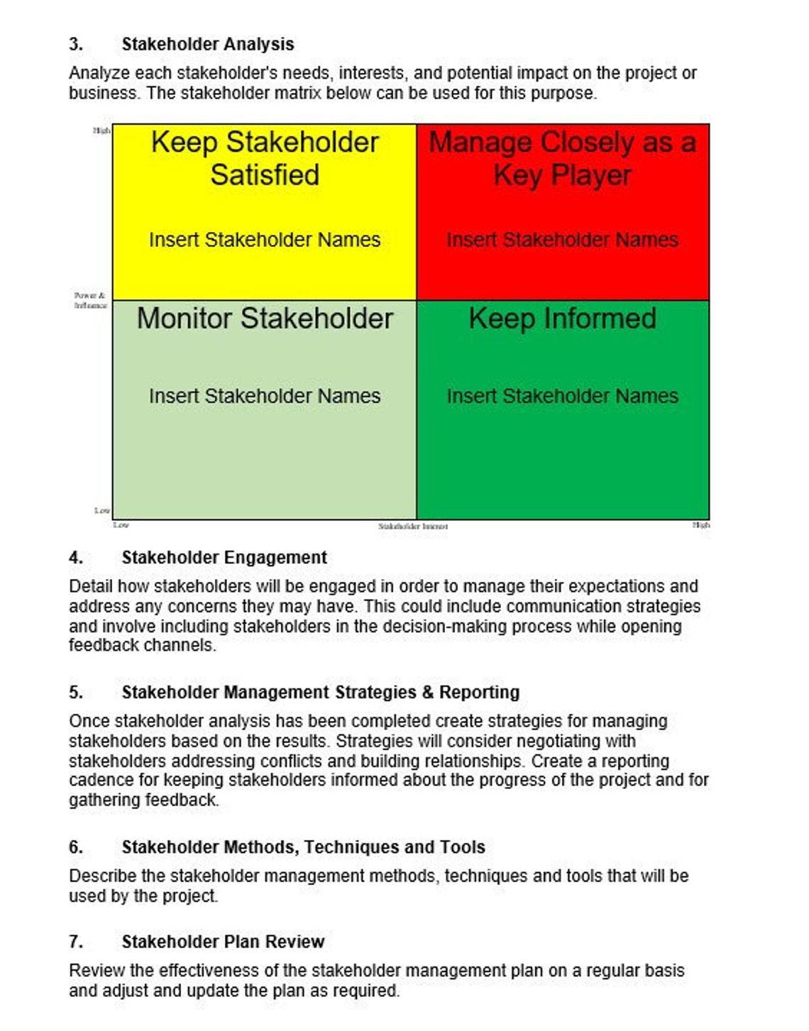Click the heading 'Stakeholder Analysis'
[x=207, y=44]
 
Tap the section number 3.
[x=75, y=44]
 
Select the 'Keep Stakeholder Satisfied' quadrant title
[x=265, y=158]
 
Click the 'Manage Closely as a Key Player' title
[x=562, y=158]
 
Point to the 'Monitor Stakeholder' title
[x=265, y=319]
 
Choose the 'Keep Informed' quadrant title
[x=562, y=319]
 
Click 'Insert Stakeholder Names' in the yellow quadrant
[x=265, y=240]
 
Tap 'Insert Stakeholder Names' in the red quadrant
[x=562, y=240]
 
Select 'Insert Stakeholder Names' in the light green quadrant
[x=265, y=396]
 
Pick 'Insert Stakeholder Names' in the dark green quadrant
[x=562, y=396]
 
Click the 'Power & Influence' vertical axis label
[x=90, y=300]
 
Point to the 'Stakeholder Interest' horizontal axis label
[x=413, y=526]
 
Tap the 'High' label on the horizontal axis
[x=700, y=525]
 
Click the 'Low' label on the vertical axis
[x=102, y=510]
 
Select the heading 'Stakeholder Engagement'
[x=224, y=558]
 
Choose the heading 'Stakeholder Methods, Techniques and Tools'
[x=303, y=847]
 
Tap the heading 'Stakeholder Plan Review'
[x=223, y=942]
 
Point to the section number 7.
[x=75, y=942]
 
